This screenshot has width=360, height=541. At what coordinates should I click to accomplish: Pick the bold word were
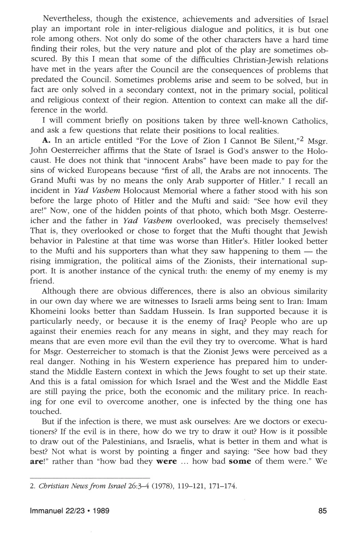tap(166, 461)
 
